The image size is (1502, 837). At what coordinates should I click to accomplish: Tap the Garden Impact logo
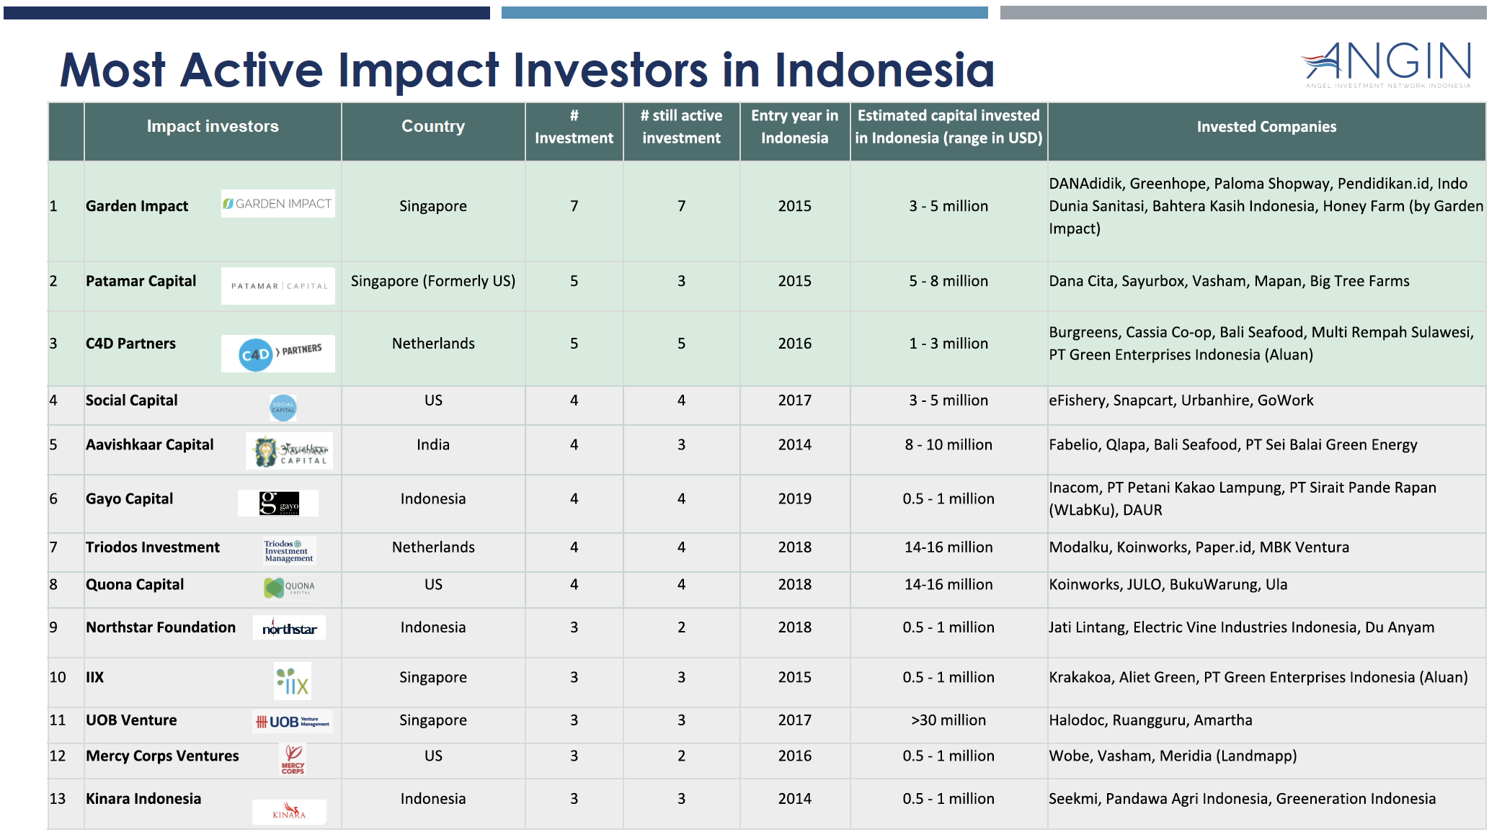click(x=278, y=204)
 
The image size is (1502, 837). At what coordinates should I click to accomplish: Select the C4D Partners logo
click(x=278, y=353)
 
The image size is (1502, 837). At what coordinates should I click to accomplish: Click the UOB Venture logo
click(x=293, y=721)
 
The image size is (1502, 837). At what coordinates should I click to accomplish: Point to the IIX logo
click(x=293, y=681)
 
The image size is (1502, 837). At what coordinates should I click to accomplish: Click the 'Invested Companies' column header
click(x=1266, y=127)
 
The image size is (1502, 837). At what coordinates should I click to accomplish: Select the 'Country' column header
click(x=433, y=127)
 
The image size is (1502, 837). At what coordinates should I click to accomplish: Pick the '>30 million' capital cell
click(x=948, y=720)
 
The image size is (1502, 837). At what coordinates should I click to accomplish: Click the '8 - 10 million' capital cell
click(x=948, y=445)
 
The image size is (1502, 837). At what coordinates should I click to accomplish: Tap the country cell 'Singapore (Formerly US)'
click(x=433, y=282)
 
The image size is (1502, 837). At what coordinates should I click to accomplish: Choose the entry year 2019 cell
click(x=794, y=499)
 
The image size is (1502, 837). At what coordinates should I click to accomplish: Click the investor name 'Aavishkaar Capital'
click(x=150, y=445)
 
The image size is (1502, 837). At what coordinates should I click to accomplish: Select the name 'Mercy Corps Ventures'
click(x=162, y=756)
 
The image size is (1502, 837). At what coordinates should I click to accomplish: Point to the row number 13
click(x=58, y=799)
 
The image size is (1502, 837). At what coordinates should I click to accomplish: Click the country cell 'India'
click(x=433, y=445)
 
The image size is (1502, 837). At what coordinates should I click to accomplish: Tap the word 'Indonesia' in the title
click(x=884, y=70)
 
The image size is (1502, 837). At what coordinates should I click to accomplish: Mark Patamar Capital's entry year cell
click(x=794, y=282)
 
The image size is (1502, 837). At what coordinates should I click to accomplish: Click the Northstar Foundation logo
click(x=289, y=628)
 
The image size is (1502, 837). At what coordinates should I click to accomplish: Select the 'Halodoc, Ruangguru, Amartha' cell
click(x=1151, y=720)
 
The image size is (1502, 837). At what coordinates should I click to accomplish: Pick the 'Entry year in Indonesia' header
click(x=794, y=127)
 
